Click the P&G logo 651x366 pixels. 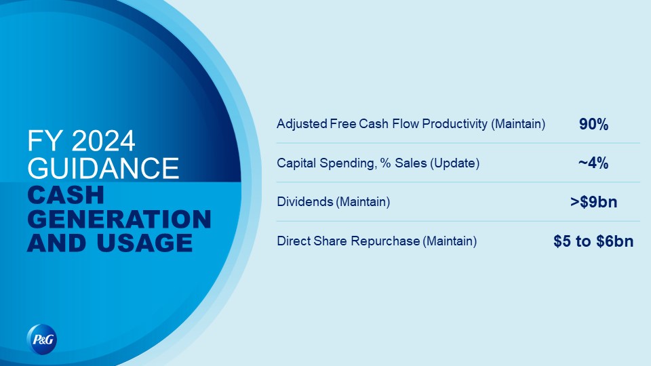pos(42,340)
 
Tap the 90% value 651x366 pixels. pos(594,124)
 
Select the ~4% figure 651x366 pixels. pos(593,163)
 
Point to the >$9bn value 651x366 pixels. pos(594,202)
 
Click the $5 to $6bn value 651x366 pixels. pos(593,241)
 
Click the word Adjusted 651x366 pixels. pos(302,124)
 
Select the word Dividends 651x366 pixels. pos(305,202)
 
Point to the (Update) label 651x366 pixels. pos(454,163)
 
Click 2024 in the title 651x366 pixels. pos(103,141)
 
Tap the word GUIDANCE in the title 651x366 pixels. pos(103,168)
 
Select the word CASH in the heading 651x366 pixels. pos(66,195)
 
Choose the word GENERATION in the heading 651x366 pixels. pos(119,219)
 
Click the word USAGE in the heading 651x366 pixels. pos(144,243)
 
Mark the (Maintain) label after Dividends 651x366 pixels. pos(363,202)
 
